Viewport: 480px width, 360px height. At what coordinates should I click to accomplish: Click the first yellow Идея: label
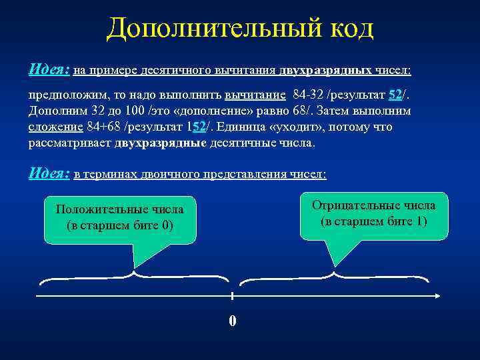49,69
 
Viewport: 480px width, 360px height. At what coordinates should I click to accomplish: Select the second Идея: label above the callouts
49,173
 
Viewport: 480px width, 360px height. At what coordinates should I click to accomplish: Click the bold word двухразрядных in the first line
325,70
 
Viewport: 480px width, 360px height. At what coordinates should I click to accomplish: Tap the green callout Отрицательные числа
373,213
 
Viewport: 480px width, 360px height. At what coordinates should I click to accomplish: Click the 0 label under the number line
232,321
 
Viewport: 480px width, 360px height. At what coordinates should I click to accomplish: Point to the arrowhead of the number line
437,296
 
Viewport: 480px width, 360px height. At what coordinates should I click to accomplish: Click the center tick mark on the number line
232,296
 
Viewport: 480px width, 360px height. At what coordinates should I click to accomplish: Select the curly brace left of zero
134,275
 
